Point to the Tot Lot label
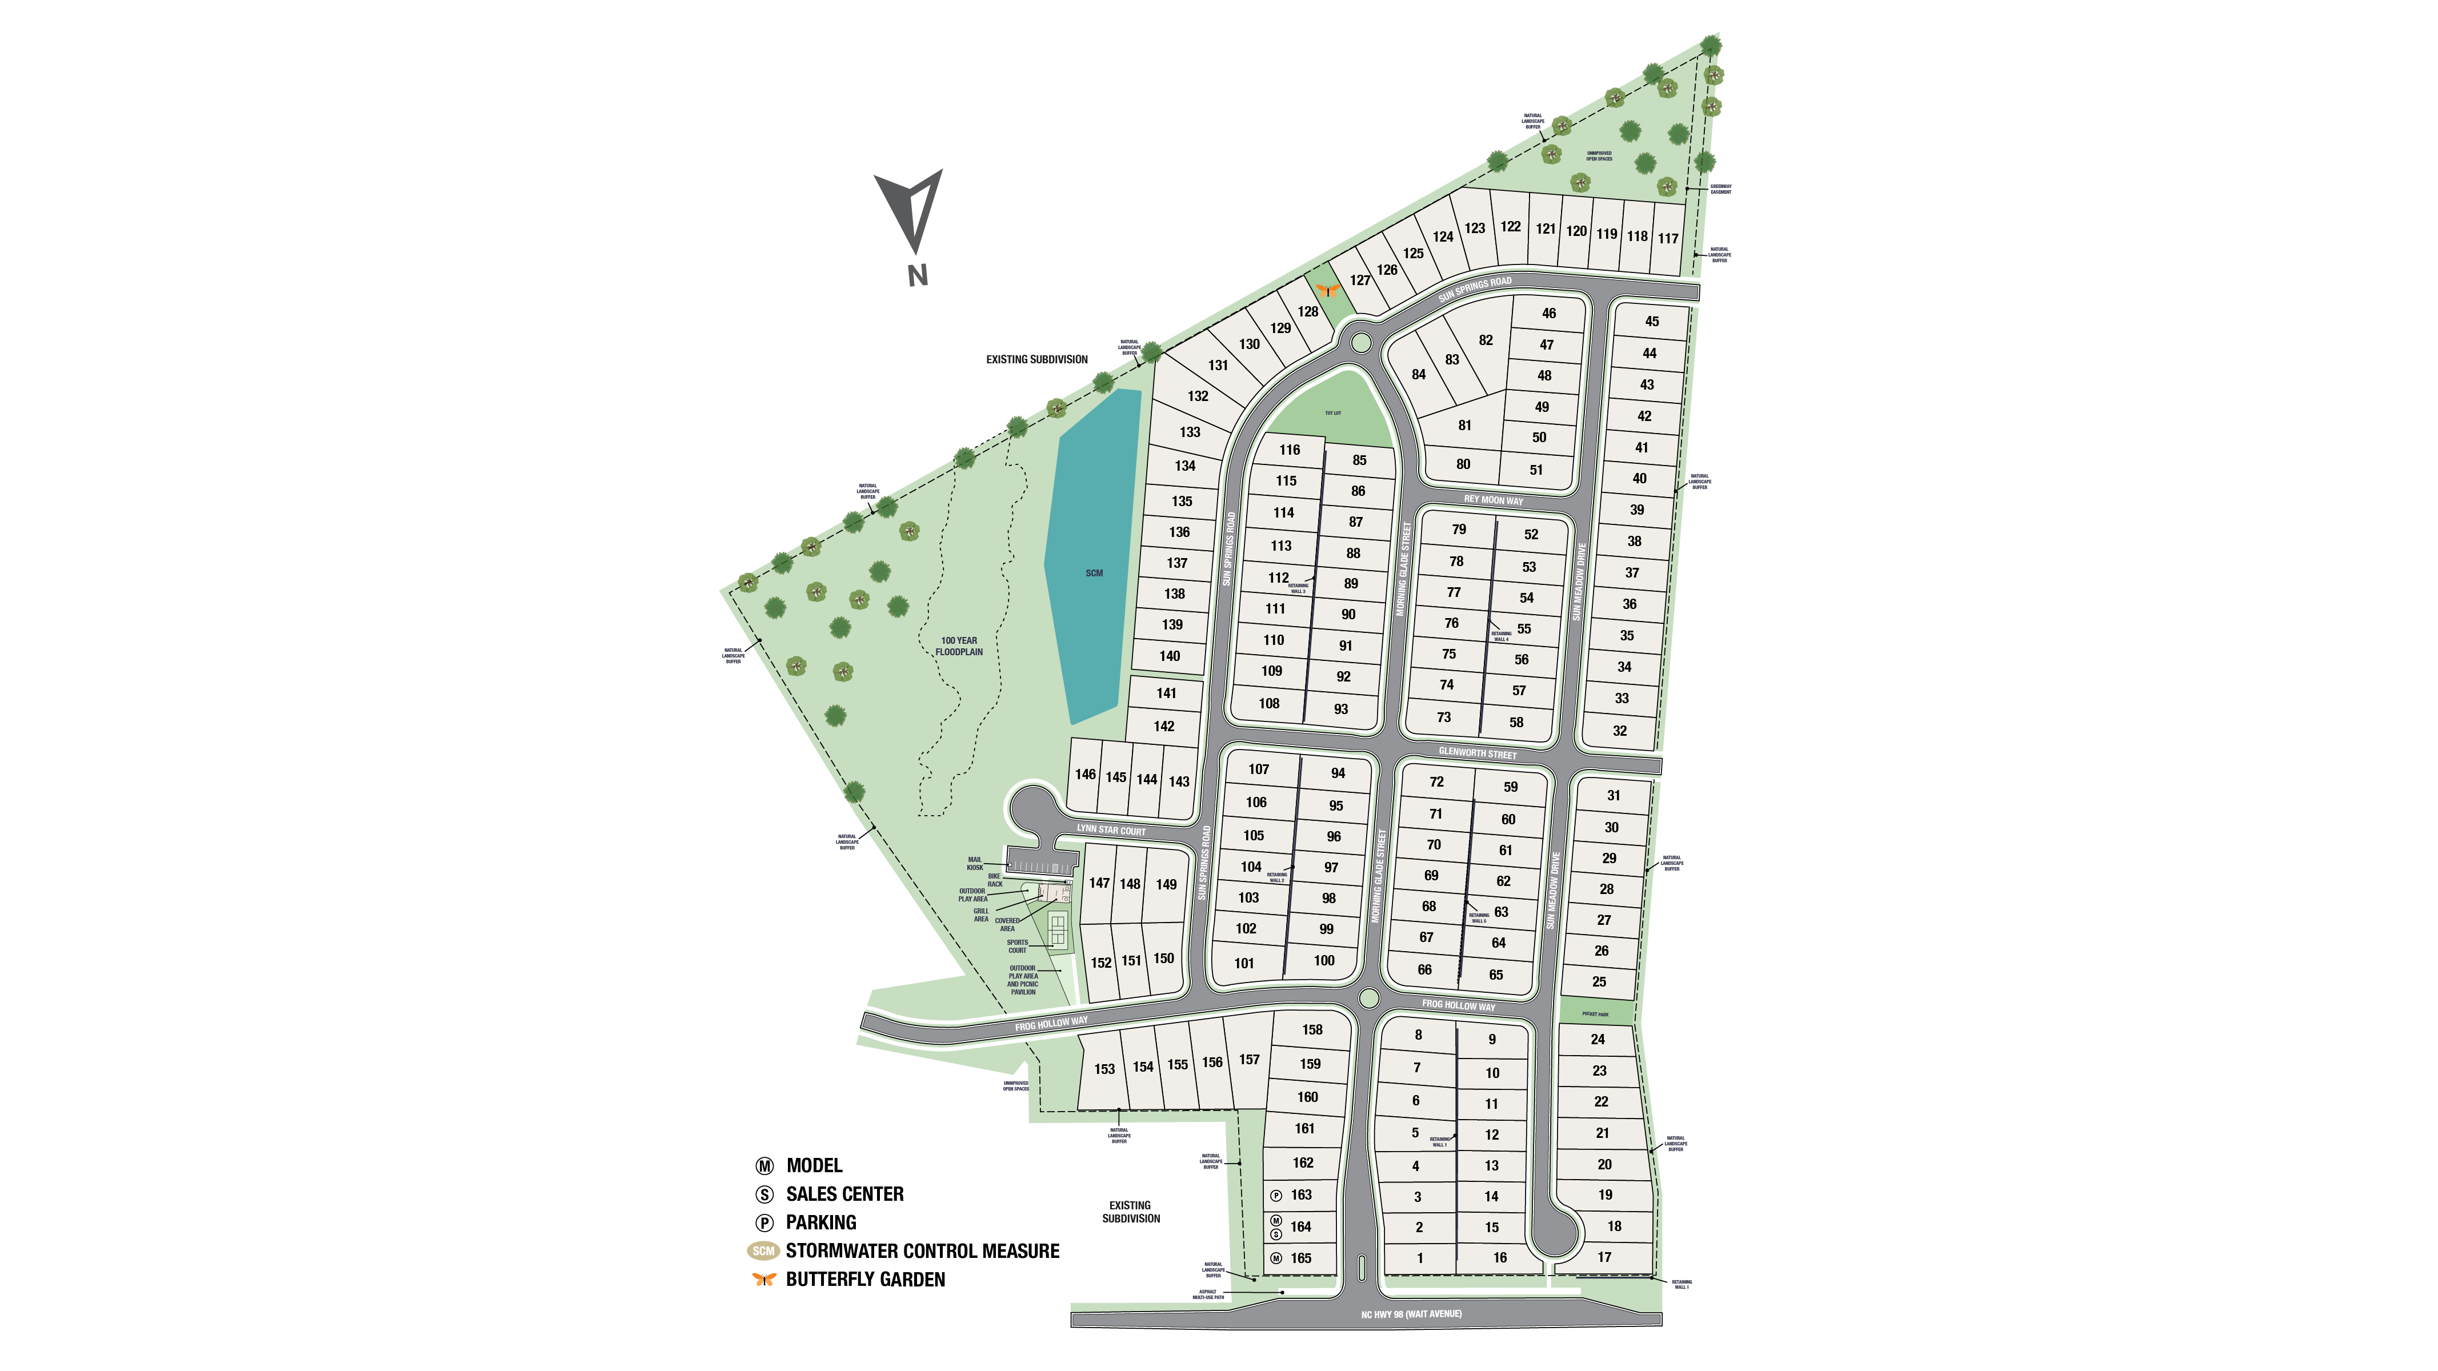click(x=1332, y=414)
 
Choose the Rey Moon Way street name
click(x=1494, y=500)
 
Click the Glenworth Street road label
click(x=1478, y=753)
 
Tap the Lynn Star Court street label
click(x=1111, y=830)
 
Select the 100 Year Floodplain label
click(x=959, y=646)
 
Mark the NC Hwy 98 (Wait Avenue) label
click(x=1411, y=1314)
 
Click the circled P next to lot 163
click(x=1276, y=1196)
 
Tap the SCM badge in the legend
click(x=763, y=1251)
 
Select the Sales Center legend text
click(x=844, y=1194)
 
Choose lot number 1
click(x=1420, y=1258)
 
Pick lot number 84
click(x=1418, y=375)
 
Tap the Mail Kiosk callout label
click(x=975, y=864)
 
